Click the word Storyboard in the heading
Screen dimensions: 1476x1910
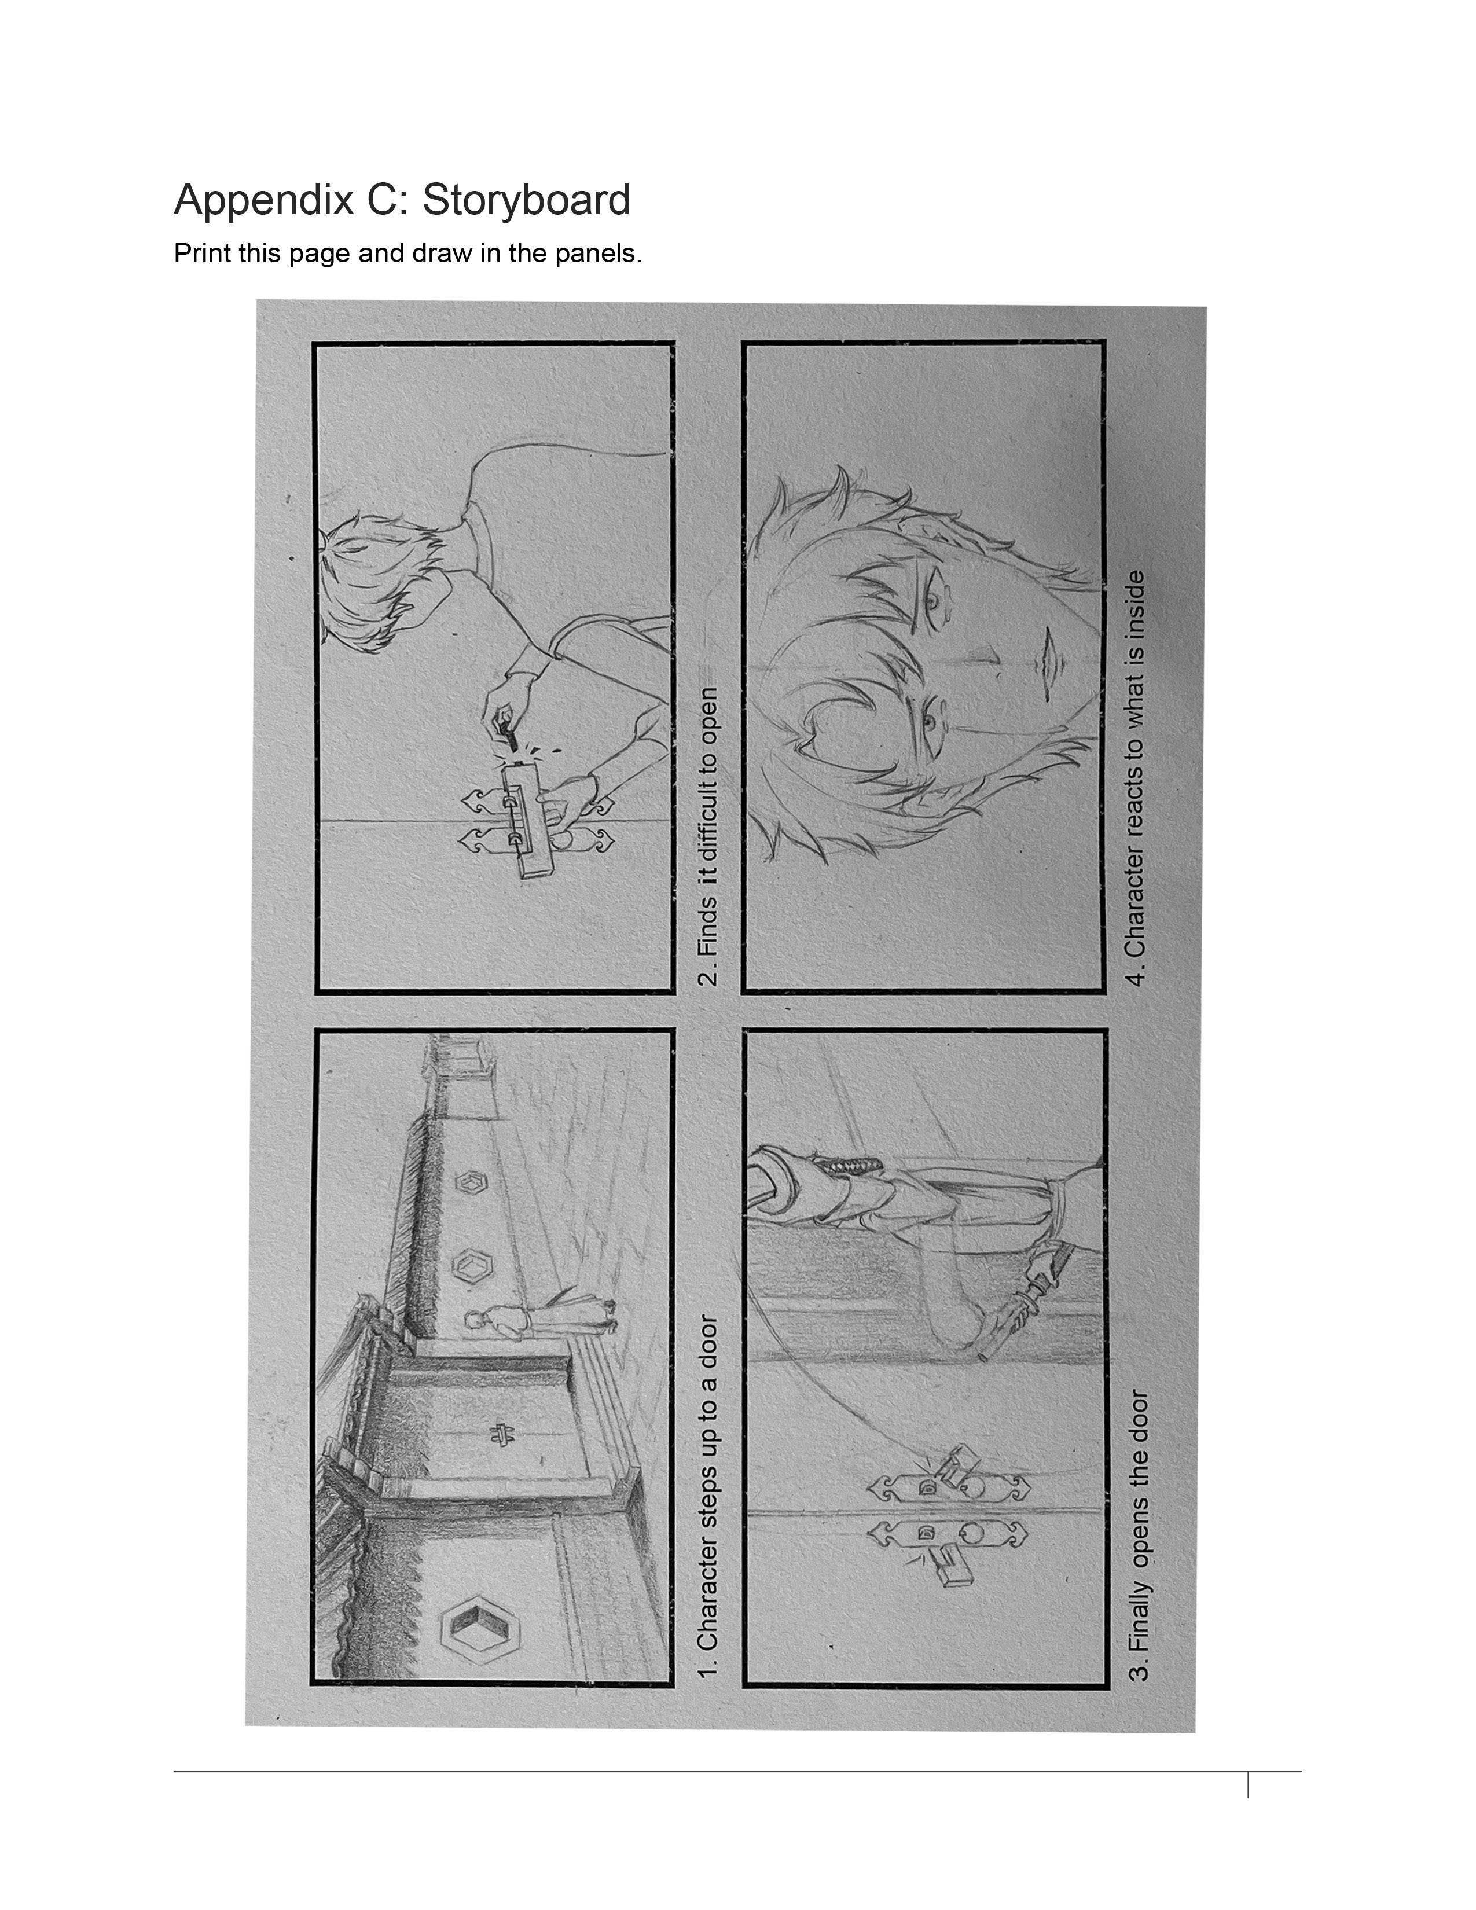526,200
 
